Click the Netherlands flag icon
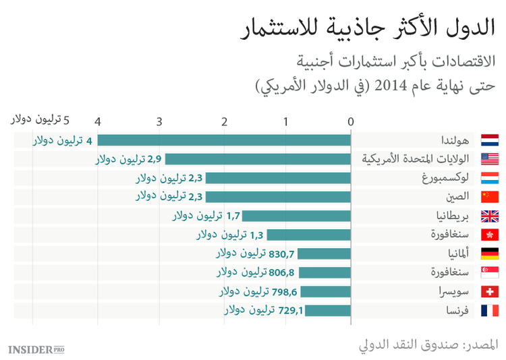[x=489, y=140]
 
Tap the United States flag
[x=489, y=159]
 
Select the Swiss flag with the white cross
[x=489, y=292]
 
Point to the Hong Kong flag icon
[x=489, y=235]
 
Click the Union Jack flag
[x=489, y=216]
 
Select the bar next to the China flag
[x=277, y=197]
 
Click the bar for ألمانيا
[x=324, y=254]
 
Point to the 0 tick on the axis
[x=351, y=121]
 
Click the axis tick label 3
[x=159, y=121]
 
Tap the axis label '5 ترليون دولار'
[x=40, y=120]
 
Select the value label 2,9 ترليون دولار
[x=128, y=159]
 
